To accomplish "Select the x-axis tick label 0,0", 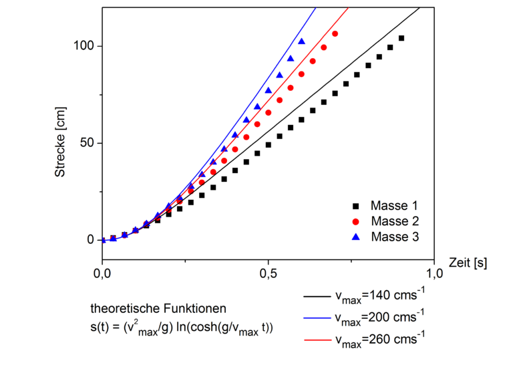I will pyautogui.click(x=102, y=275).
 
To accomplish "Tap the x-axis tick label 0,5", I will pyautogui.click(x=268, y=275).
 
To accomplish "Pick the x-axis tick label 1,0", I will pyautogui.click(x=435, y=275).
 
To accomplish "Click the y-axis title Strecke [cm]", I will pyautogui.click(x=59, y=143).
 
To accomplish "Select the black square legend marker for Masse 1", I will pyautogui.click(x=356, y=205).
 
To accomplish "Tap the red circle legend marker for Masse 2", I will pyautogui.click(x=356, y=221).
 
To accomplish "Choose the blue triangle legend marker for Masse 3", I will pyautogui.click(x=356, y=236).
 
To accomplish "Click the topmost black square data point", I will pyautogui.click(x=401, y=38).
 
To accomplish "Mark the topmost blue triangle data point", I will pyautogui.click(x=302, y=41).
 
